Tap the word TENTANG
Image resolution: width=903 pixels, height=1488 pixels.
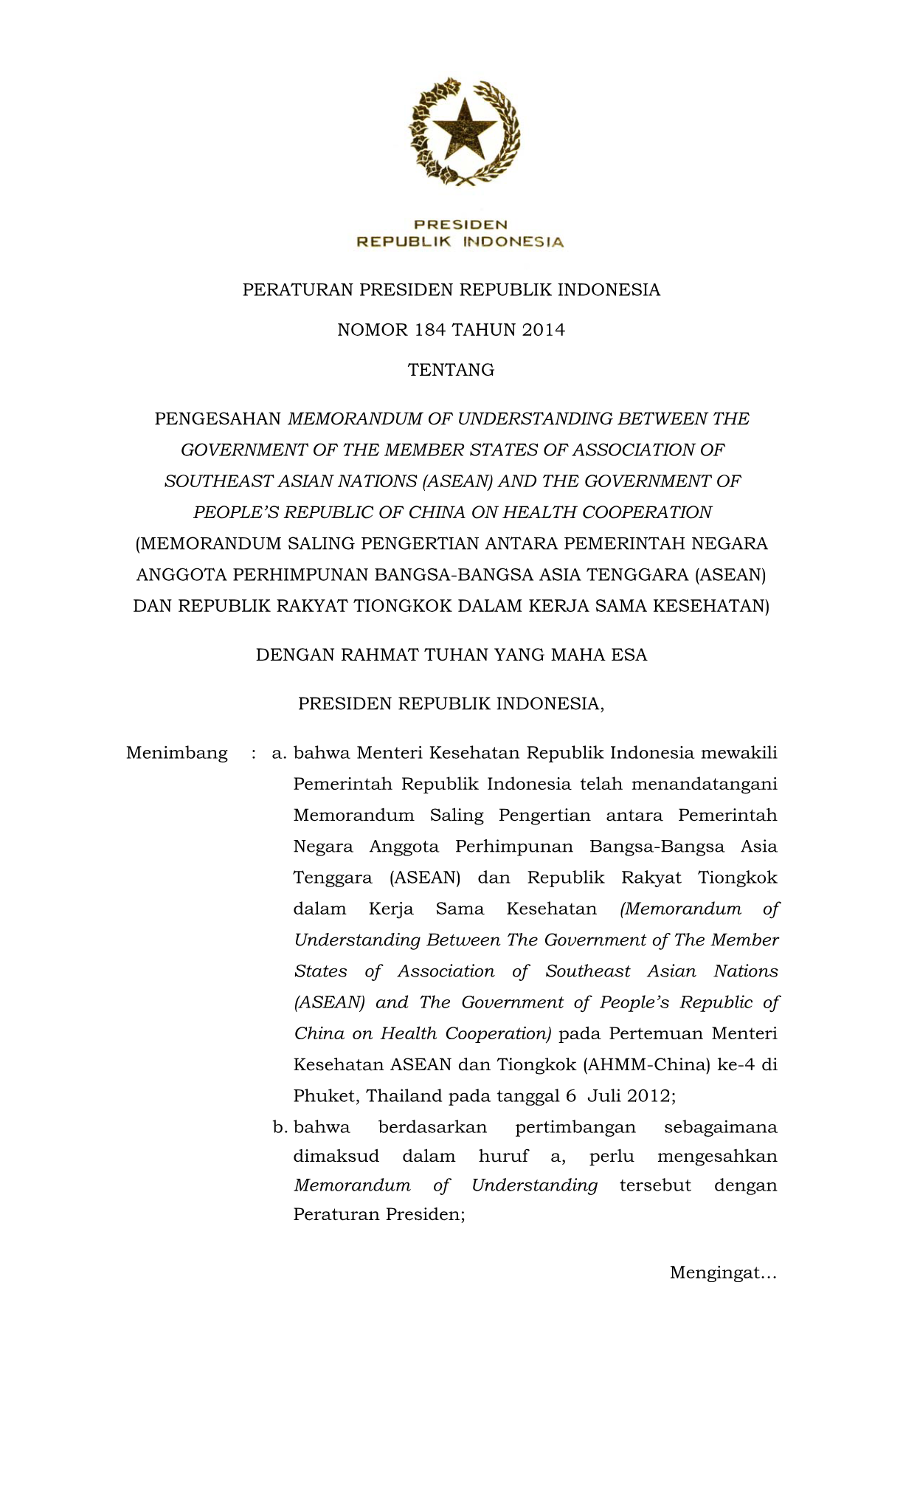451,370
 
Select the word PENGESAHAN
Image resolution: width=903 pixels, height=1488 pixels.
218,419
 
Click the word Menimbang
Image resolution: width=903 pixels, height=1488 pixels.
177,753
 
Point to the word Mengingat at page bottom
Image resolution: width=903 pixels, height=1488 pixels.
722,1272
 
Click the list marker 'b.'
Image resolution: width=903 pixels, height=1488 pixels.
280,1127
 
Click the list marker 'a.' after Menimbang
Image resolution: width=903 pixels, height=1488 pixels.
279,753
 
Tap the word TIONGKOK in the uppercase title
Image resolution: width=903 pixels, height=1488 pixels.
404,606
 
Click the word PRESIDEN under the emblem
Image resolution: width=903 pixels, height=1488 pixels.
460,224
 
